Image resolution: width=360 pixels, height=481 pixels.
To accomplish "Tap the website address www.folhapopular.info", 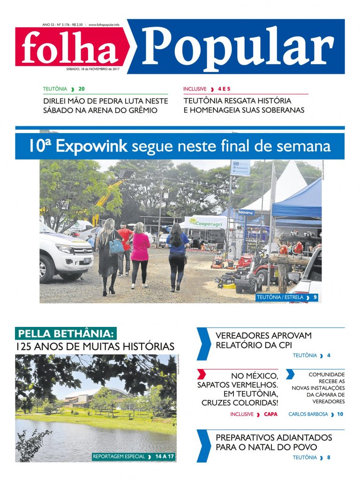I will [104, 24].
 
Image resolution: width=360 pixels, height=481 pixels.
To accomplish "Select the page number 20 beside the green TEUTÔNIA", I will [82, 89].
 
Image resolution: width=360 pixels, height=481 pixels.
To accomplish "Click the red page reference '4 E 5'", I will [226, 89].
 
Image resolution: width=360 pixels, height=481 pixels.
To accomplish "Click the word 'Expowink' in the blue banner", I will [91, 146].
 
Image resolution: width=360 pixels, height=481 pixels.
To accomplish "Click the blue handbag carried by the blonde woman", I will [116, 246].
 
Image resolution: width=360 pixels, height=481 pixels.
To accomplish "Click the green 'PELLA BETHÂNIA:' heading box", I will [65, 334].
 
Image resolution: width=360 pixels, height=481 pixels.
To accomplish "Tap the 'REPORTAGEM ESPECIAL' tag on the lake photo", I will [119, 456].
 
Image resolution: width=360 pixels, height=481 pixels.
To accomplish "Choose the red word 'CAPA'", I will [270, 414].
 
